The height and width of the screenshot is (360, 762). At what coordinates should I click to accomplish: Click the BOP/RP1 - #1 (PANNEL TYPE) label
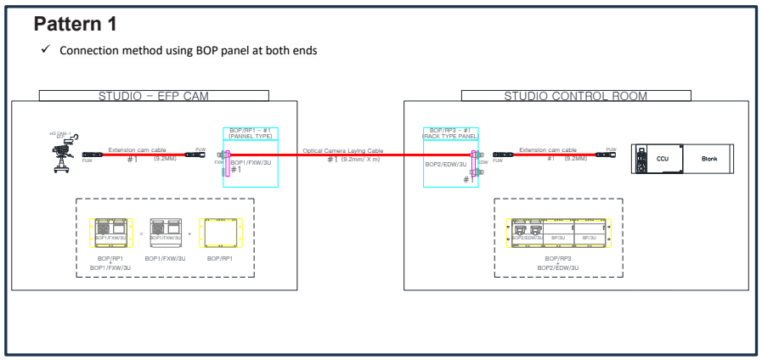pyautogui.click(x=246, y=132)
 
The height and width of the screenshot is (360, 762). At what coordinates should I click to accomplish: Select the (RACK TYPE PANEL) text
pyautogui.click(x=451, y=136)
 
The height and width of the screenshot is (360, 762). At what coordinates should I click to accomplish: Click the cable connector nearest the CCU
pyautogui.click(x=606, y=155)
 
